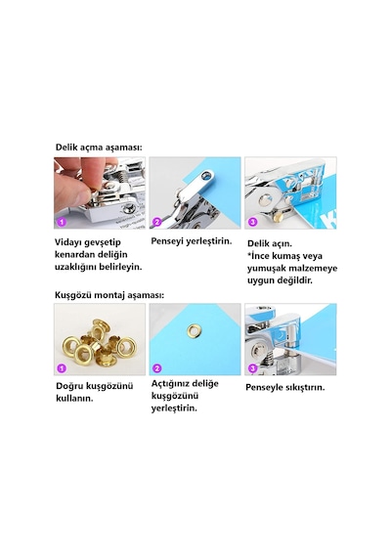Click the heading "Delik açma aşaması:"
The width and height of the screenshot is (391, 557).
coord(99,148)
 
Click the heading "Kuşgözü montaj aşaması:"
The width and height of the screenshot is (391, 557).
coord(109,295)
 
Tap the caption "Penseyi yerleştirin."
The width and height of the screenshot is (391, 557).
coord(192,241)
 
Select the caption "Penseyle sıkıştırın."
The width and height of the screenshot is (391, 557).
coord(285,387)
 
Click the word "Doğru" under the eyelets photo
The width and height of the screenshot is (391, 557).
coord(68,386)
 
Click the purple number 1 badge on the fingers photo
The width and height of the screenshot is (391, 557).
coord(62,222)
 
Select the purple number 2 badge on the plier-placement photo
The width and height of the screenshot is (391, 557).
coord(156,222)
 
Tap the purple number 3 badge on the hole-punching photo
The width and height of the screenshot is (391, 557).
coord(252,222)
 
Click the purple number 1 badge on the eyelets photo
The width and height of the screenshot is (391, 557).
coord(62,368)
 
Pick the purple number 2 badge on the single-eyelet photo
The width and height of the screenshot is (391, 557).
coord(156,368)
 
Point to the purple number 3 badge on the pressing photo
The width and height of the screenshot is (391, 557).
coord(252,368)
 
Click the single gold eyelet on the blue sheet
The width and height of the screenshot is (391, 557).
coord(195,330)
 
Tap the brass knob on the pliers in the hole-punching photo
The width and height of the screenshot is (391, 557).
coord(278,216)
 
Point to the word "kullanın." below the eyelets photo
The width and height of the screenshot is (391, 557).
coord(74,399)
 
